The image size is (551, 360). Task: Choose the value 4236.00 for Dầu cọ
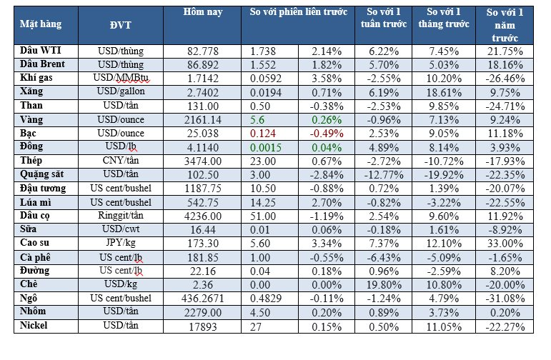pos(200,216)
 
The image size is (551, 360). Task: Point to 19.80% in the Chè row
pos(384,285)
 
